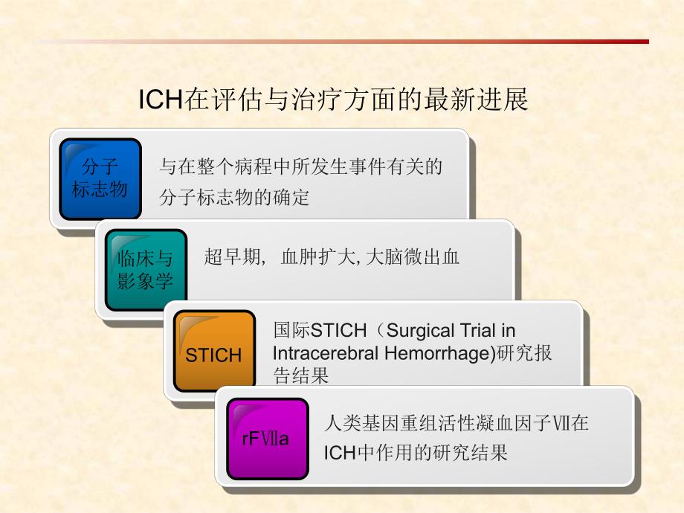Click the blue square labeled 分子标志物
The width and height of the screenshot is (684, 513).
point(100,178)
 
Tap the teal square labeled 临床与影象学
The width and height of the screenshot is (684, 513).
point(145,269)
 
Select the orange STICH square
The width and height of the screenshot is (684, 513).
point(213,352)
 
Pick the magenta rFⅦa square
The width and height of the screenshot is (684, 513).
point(265,438)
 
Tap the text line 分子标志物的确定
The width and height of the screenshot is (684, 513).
point(234,198)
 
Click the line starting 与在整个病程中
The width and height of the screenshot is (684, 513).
point(300,167)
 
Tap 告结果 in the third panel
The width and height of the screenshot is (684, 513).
point(300,376)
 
